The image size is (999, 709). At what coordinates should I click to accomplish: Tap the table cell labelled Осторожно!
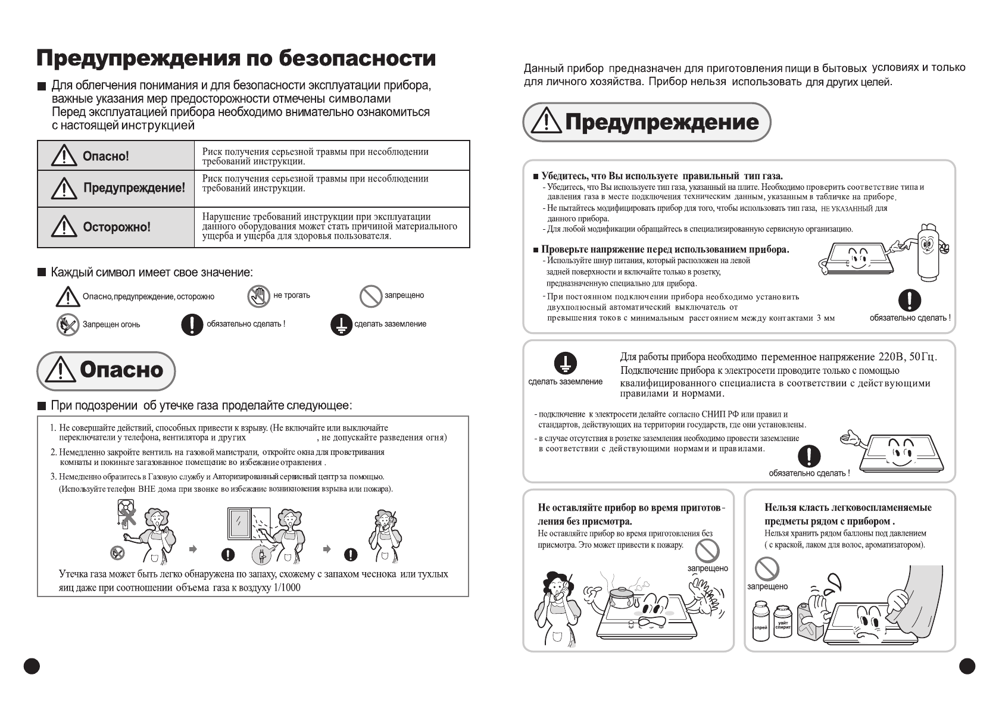[x=116, y=227]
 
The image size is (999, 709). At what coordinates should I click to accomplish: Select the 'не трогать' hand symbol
[x=259, y=296]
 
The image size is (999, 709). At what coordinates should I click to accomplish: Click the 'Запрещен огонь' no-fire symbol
[x=68, y=324]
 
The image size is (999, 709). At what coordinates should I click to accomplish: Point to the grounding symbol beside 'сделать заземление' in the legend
[x=341, y=324]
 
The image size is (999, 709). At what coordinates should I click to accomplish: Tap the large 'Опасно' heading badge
[x=107, y=370]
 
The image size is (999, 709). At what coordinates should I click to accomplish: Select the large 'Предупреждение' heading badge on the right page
[x=647, y=122]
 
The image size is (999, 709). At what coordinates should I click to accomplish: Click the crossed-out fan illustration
[x=127, y=513]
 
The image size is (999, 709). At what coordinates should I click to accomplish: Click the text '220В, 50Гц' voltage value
[x=907, y=357]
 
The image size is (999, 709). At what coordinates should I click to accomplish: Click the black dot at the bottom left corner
[x=32, y=666]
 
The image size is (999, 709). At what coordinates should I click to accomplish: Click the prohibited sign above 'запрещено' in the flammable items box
[x=767, y=569]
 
